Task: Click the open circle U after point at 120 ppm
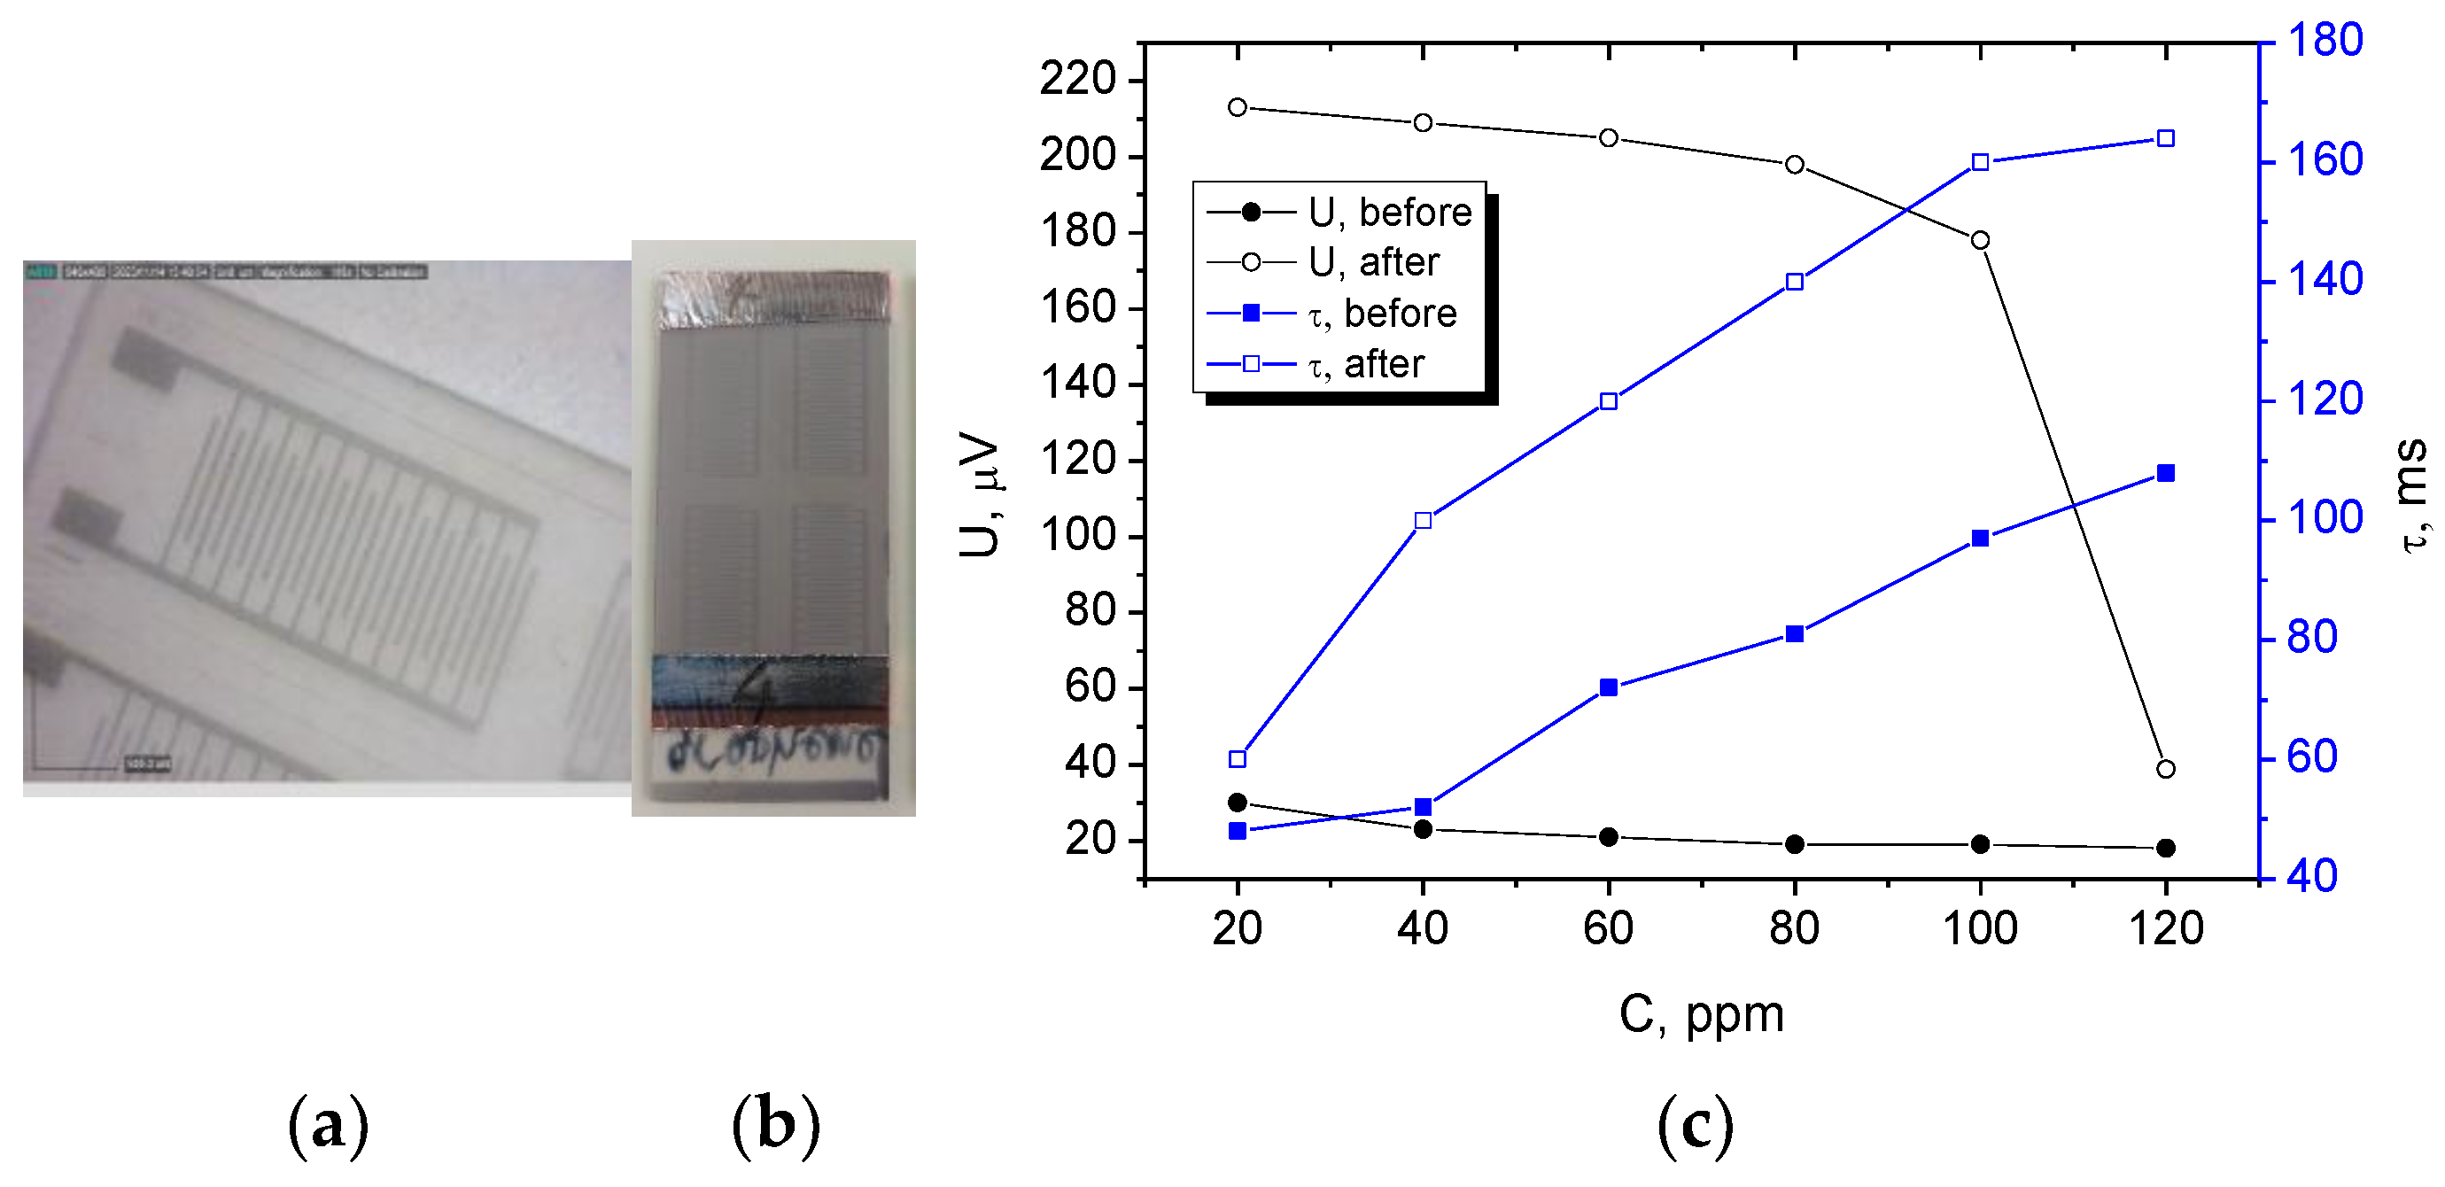point(2165,769)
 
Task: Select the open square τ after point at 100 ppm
point(1980,162)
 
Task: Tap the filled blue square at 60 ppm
point(1608,687)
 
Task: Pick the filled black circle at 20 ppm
point(1237,803)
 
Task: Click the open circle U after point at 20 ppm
point(1237,107)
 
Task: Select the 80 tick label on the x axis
point(1794,928)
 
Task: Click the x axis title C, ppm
point(1701,1014)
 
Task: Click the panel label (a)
point(328,1125)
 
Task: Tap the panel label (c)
point(1696,1125)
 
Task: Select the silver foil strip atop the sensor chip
point(773,299)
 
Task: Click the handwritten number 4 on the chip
point(760,689)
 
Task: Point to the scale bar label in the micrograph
point(147,764)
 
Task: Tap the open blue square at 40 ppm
point(1422,520)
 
